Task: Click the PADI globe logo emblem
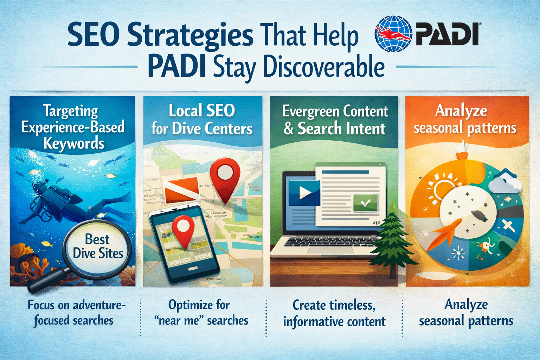(393, 34)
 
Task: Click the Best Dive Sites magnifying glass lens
(97, 246)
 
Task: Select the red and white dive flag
(181, 190)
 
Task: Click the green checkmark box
(365, 203)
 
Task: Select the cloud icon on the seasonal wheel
(506, 183)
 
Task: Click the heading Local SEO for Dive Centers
(202, 120)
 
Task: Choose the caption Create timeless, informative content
(334, 313)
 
